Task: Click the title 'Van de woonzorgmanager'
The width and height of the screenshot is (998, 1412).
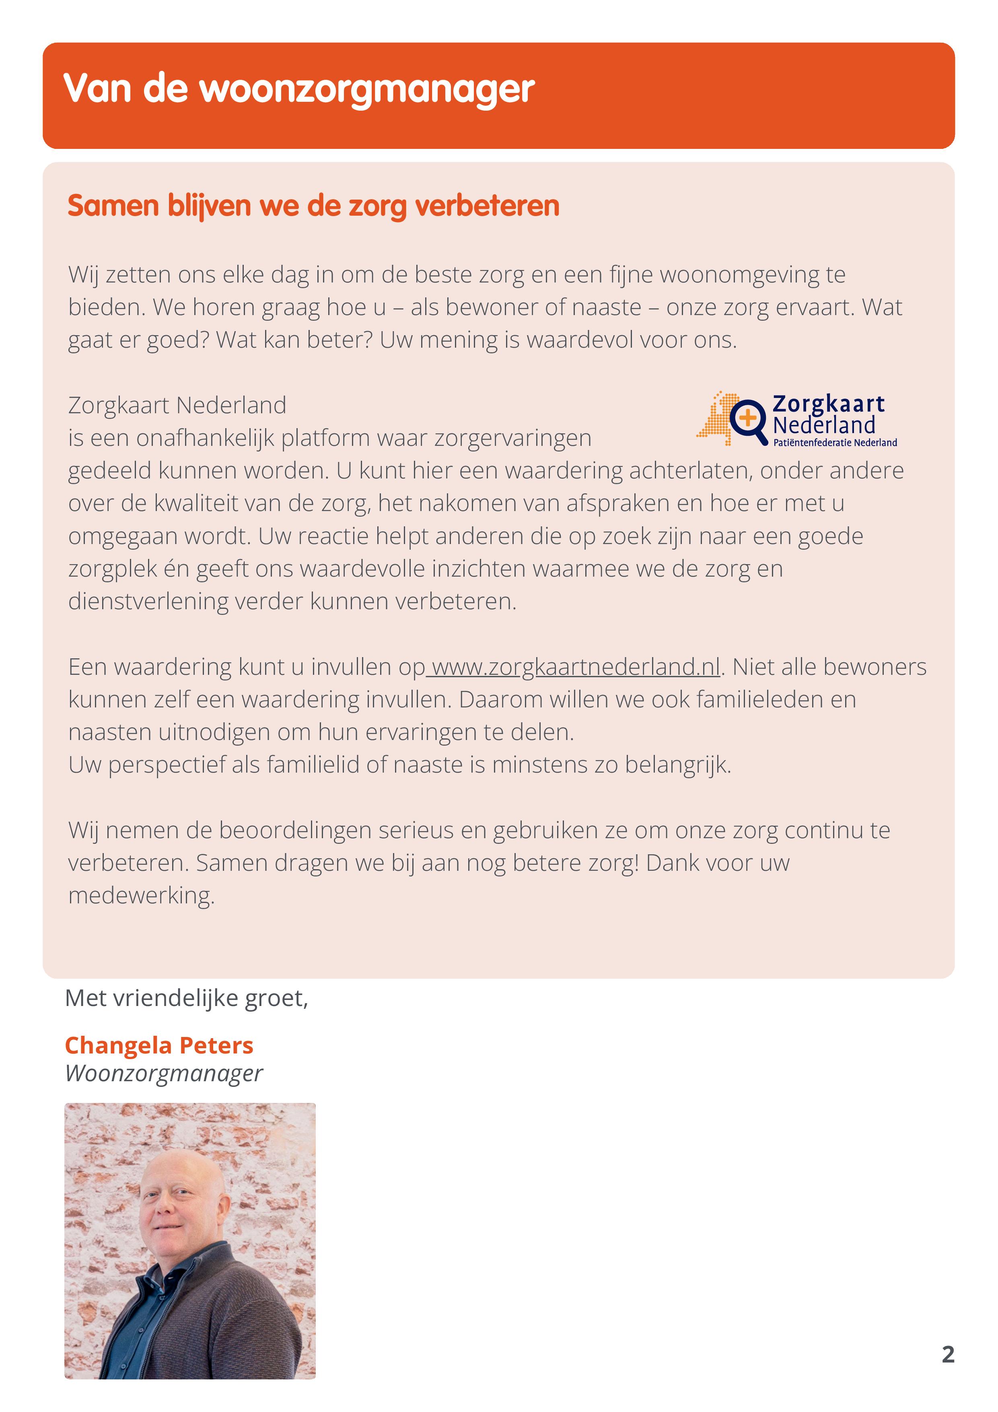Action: (x=299, y=89)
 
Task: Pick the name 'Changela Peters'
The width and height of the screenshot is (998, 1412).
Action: (x=158, y=1045)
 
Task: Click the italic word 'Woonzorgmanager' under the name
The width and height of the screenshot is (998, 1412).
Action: (x=164, y=1073)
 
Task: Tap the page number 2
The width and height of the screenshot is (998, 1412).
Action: (x=948, y=1354)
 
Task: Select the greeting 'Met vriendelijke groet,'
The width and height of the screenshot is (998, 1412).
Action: (x=186, y=998)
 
